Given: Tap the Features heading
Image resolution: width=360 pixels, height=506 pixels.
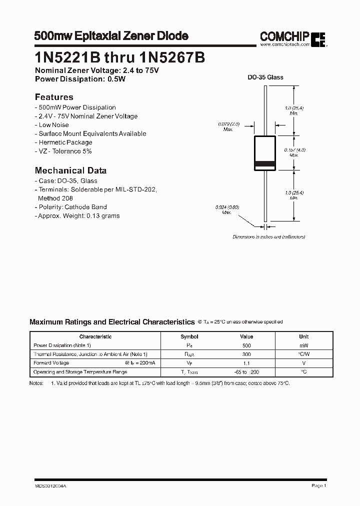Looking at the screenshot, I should pos(54,97).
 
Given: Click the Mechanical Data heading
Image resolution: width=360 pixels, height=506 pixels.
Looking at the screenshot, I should pos(70,170).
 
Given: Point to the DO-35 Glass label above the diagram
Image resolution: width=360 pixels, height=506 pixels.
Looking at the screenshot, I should pos(265,77).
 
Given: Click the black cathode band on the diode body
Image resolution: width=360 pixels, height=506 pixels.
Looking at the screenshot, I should pos(265,164).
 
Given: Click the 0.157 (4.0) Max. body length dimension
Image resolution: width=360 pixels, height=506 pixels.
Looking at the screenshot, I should pos(294,152).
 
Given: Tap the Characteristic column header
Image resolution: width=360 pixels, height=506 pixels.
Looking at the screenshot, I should pos(95,337).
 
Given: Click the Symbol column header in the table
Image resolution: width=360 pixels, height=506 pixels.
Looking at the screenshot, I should pos(189,337).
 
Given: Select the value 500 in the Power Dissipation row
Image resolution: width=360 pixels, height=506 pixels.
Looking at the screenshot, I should pos(246,345).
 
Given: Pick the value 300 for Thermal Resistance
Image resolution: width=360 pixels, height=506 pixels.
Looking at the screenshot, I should pos(246,354).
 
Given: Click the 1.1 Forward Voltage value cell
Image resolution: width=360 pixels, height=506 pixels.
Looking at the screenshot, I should pos(246,363).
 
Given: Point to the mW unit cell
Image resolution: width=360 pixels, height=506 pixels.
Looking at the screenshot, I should pos(304,345).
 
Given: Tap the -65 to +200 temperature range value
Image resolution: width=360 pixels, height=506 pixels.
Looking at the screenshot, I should pos(246,372).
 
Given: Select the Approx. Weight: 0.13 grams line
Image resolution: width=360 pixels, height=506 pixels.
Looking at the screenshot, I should pos(78,216).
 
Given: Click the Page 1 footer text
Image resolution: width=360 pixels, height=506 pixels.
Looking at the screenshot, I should pos(318,485).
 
